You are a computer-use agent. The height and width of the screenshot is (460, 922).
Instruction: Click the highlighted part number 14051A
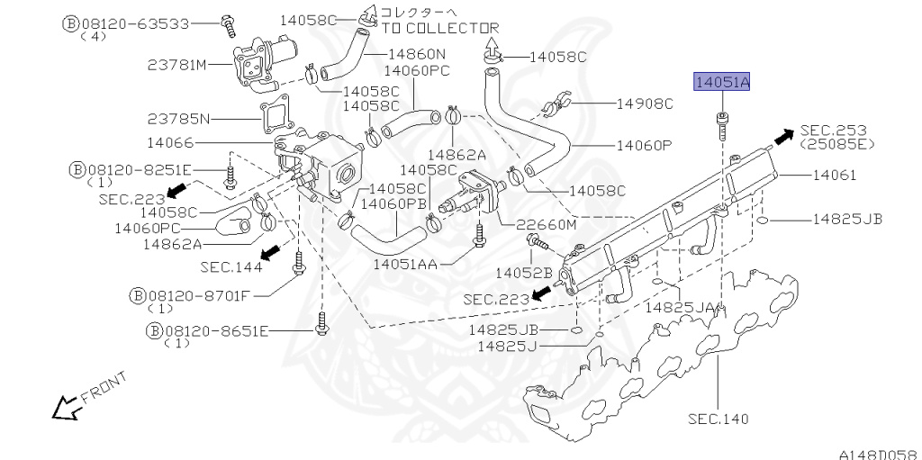[721, 84]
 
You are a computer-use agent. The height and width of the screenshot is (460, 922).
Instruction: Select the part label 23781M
[177, 64]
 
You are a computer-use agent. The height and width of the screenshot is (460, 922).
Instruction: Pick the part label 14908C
[645, 104]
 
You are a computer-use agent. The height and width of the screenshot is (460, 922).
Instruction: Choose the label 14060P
[645, 144]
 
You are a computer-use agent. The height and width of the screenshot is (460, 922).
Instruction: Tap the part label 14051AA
[405, 264]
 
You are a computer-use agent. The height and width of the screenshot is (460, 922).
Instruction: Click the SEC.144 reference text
[231, 266]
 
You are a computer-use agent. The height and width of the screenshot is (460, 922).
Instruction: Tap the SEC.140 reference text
[718, 419]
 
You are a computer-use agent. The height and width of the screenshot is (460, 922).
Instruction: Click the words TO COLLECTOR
[440, 28]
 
